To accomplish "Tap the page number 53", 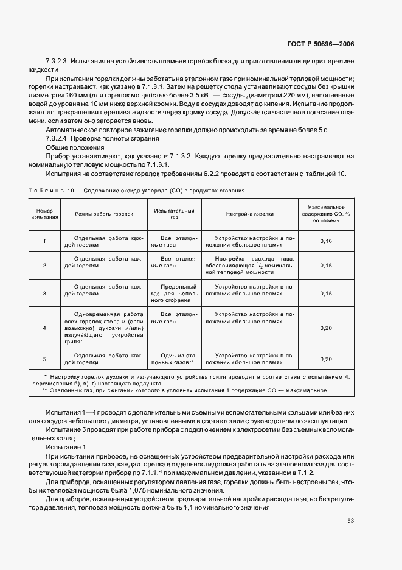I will pos(350,520).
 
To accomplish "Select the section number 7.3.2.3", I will pos(57,62).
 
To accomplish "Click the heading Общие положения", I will pos(66,148).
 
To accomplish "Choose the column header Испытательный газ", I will pos(174,214).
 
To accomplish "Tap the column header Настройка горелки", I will pos(249,214).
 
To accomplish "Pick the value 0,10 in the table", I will pos(326,242).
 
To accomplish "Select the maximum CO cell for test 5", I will pos(326,359).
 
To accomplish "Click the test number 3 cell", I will pos(44,294).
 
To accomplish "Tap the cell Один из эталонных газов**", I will pos(174,359).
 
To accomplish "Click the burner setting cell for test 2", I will pos(249,266).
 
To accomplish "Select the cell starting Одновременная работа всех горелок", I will pos(103,328).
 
